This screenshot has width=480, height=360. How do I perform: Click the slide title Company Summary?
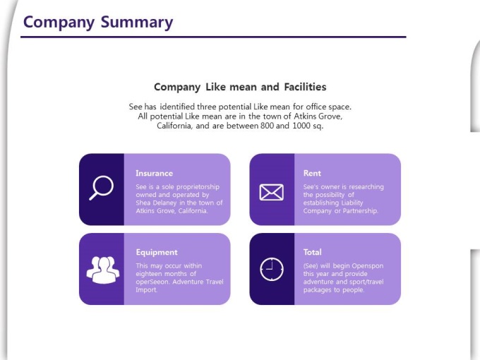click(98, 23)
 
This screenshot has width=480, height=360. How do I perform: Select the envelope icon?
click(271, 192)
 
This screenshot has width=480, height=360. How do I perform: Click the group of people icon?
click(103, 270)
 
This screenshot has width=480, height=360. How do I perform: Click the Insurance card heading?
click(155, 173)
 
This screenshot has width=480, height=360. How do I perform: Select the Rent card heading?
click(312, 173)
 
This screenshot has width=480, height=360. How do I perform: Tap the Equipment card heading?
click(157, 253)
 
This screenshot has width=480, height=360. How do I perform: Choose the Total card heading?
click(312, 252)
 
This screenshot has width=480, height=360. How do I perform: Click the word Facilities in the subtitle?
click(305, 87)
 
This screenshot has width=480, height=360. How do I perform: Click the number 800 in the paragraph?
click(267, 126)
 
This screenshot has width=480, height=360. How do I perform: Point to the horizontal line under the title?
click(213, 37)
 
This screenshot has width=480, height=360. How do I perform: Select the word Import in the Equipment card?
click(146, 290)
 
